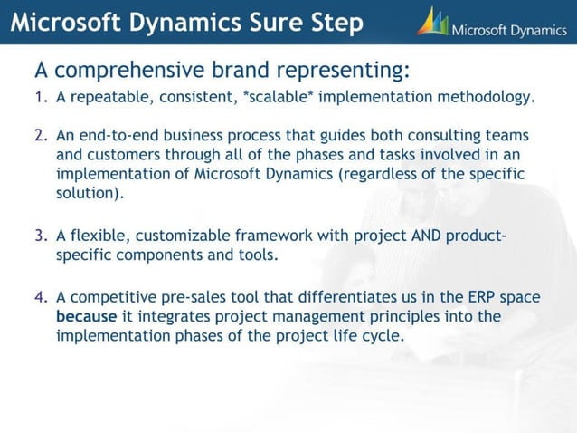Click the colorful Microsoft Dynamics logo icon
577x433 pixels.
click(432, 22)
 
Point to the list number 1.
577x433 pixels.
click(40, 97)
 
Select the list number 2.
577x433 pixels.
click(40, 135)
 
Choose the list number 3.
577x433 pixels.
click(40, 236)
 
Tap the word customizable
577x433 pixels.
click(179, 236)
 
